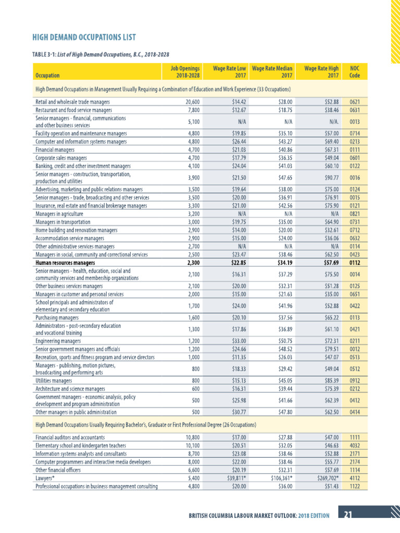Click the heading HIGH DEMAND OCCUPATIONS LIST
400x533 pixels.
point(84,37)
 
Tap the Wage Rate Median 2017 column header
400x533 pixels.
point(272,71)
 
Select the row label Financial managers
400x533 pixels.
point(55,149)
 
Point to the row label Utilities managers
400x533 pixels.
point(54,380)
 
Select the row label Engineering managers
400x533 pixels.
point(58,341)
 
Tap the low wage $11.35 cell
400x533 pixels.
point(239,357)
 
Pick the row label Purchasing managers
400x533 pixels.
point(57,317)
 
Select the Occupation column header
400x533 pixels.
point(47,75)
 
